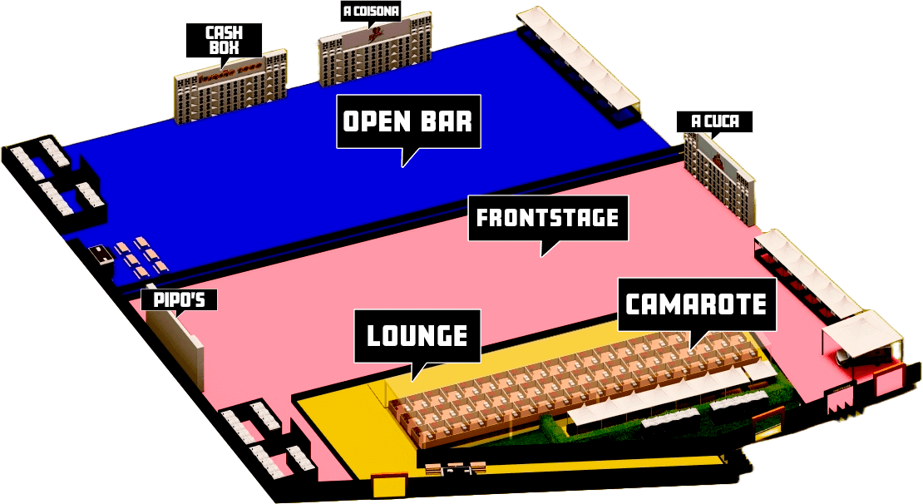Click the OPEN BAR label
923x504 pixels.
click(x=408, y=121)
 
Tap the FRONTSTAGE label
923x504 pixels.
click(x=547, y=218)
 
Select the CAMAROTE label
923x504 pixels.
click(x=696, y=304)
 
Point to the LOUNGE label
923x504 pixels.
click(x=417, y=336)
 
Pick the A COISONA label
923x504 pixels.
click(x=372, y=12)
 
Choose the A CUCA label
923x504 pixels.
click(x=715, y=121)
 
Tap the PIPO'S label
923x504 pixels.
click(x=179, y=299)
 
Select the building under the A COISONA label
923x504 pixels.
click(x=375, y=54)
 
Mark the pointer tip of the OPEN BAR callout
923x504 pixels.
click(x=403, y=166)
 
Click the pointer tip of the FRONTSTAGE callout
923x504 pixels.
click(x=542, y=255)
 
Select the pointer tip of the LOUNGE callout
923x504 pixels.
click(x=413, y=382)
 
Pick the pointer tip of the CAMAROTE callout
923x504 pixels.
click(x=690, y=348)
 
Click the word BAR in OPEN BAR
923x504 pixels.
click(x=448, y=121)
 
